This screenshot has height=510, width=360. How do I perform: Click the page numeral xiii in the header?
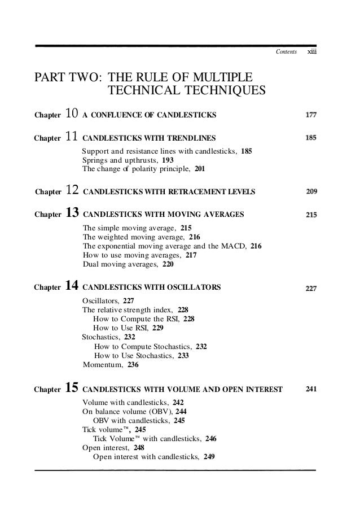click(310, 52)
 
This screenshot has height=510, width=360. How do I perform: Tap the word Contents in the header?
click(284, 53)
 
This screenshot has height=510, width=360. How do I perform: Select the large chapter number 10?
click(71, 115)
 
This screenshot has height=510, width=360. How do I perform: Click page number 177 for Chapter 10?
click(310, 115)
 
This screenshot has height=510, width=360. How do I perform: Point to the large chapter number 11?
click(71, 137)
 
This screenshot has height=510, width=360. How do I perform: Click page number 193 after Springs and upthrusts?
click(168, 160)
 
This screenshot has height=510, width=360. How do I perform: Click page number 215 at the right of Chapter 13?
click(310, 215)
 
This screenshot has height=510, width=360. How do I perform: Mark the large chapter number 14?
click(72, 287)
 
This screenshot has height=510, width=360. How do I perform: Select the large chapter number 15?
click(72, 389)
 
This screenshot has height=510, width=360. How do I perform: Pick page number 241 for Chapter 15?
click(310, 389)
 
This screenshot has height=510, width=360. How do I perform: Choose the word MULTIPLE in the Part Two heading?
click(220, 77)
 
